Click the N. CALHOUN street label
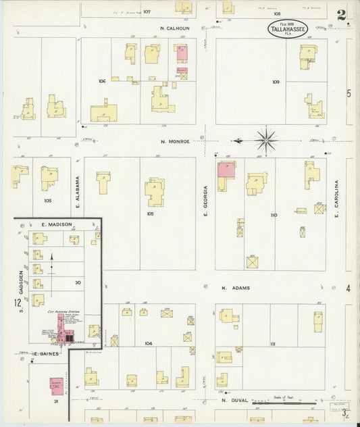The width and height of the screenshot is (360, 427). [x=175, y=28]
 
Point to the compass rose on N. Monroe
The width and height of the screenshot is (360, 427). [x=265, y=141]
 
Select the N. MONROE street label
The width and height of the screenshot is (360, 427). [x=175, y=141]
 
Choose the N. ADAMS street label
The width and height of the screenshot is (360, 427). [x=236, y=288]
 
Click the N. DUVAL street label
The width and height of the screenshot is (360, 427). [x=235, y=400]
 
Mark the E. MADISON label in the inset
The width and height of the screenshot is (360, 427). [x=51, y=224]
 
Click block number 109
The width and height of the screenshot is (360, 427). [x=276, y=82]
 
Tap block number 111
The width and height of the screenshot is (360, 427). [x=273, y=344]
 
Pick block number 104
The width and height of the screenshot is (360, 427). [x=148, y=343]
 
